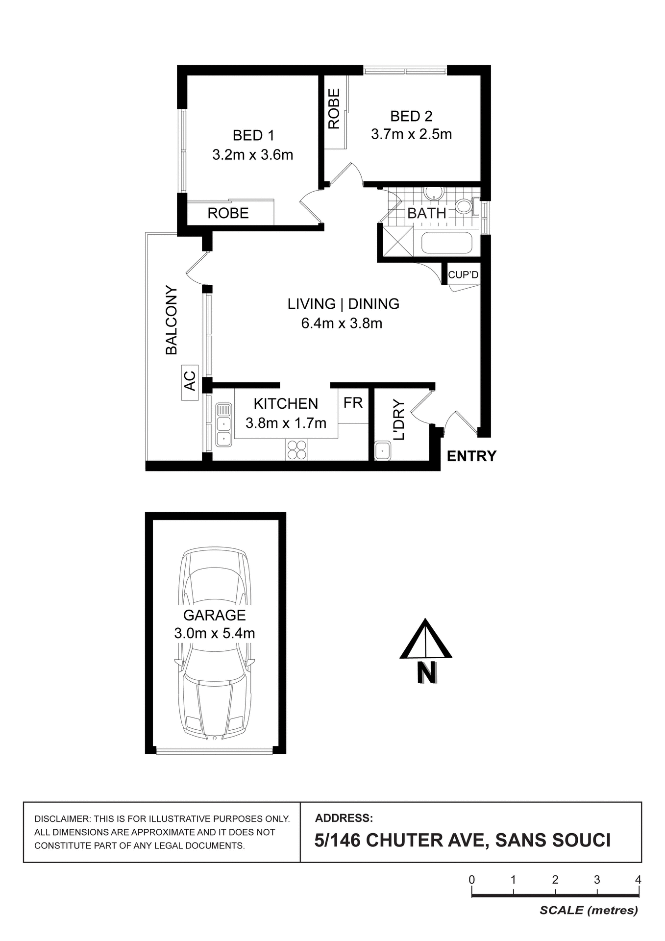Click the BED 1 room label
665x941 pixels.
point(253,135)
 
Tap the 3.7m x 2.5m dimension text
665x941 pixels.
point(411,134)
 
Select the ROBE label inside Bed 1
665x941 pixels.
point(228,213)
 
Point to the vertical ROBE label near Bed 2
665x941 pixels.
point(334,108)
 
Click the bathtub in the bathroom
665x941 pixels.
point(446,244)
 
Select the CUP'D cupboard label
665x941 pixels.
point(463,275)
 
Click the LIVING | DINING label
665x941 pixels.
point(343,304)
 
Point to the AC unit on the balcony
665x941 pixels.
point(190,382)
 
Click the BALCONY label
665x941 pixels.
point(171,320)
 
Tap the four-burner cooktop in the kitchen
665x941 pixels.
point(297,449)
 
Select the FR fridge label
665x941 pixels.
point(353,403)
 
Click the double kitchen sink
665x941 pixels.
point(223,424)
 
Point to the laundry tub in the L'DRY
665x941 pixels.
point(382,450)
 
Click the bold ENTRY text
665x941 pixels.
point(471,456)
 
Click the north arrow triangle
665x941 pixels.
point(425,640)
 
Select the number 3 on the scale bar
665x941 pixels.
point(596,880)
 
